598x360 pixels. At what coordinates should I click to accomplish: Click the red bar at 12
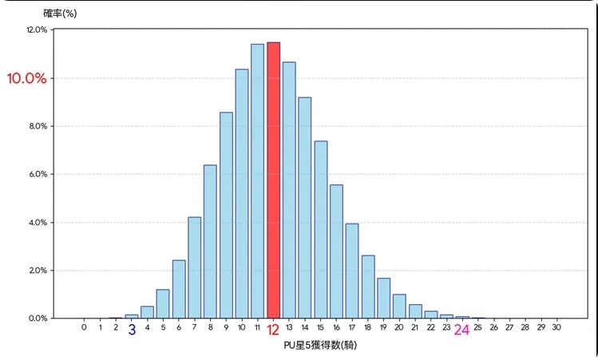pyautogui.click(x=273, y=180)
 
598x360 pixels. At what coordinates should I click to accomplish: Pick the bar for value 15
pyautogui.click(x=320, y=229)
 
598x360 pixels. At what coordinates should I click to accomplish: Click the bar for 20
pyautogui.click(x=399, y=306)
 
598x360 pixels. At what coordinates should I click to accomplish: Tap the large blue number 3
pyautogui.click(x=132, y=330)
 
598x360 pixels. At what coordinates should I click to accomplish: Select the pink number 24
pyautogui.click(x=461, y=330)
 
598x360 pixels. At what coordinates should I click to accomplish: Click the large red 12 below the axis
pyautogui.click(x=273, y=330)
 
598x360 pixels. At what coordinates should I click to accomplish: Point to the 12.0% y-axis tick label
pyautogui.click(x=37, y=30)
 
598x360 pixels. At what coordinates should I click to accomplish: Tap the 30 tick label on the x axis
pyautogui.click(x=556, y=327)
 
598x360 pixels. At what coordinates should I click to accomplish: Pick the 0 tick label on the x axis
pyautogui.click(x=84, y=327)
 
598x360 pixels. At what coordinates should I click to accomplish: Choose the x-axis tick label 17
pyautogui.click(x=351, y=327)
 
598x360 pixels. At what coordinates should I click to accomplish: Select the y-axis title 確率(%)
pyautogui.click(x=60, y=13)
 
